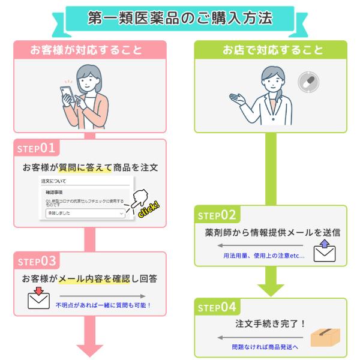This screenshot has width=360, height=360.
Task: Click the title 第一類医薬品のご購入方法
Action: (179, 17)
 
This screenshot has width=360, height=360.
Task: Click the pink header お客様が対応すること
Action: (89, 50)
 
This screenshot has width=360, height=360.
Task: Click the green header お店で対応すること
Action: (270, 50)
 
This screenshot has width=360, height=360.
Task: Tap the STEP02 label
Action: (217, 215)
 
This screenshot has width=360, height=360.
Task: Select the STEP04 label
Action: (217, 307)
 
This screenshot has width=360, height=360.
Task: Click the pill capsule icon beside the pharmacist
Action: (308, 82)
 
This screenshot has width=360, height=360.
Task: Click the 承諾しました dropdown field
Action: (85, 213)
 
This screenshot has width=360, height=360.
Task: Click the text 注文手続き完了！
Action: (270, 323)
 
